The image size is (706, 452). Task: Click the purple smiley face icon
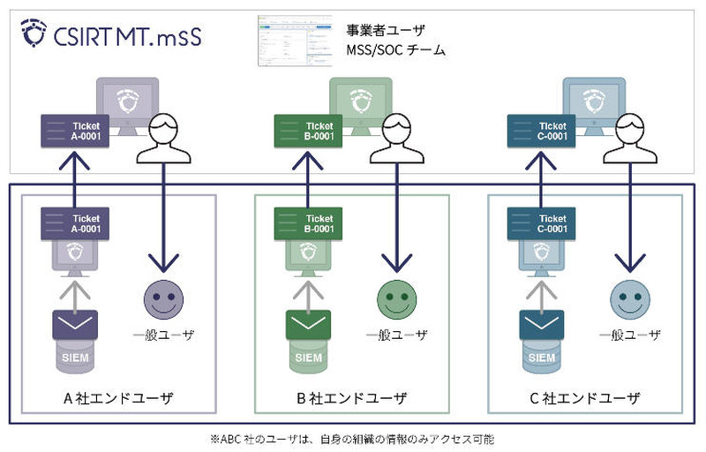[x=161, y=299]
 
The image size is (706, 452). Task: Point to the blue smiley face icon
[x=628, y=299]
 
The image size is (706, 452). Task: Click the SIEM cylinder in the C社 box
[x=541, y=357]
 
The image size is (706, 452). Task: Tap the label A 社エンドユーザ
[x=117, y=398]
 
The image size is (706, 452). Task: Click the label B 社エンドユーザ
[x=351, y=398]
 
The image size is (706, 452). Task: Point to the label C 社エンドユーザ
[x=584, y=398]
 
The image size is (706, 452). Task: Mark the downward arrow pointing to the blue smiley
[x=628, y=221]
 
